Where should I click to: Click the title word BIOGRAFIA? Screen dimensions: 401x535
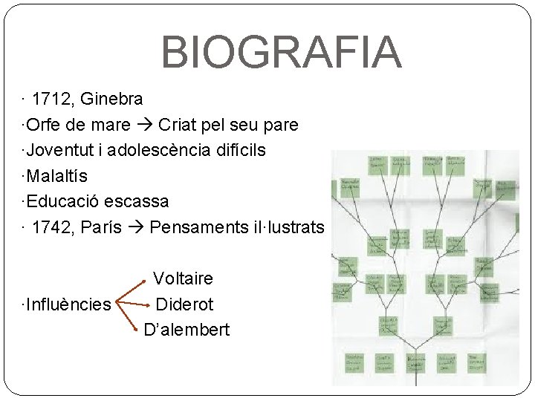(281, 51)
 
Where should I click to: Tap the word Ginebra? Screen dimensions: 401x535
(111, 99)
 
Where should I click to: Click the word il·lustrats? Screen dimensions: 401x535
(289, 227)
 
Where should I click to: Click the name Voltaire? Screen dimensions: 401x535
(183, 278)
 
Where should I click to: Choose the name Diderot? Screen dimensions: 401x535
(184, 304)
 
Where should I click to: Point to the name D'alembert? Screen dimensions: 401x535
(187, 330)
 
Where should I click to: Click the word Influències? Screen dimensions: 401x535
(68, 304)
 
